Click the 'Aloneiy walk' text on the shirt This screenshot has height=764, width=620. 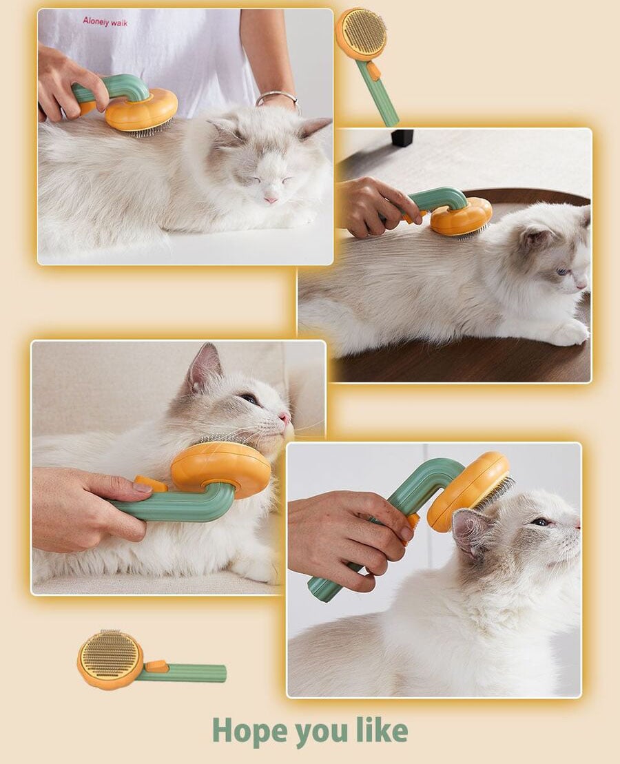(x=105, y=22)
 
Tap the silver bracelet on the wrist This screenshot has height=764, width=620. (x=277, y=97)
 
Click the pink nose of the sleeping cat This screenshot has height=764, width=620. (x=271, y=199)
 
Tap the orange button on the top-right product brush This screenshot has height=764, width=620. (x=373, y=71)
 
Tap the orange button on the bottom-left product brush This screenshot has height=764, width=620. (x=156, y=665)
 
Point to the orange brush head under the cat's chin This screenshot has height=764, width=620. (x=221, y=467)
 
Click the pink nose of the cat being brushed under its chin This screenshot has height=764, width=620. (x=284, y=417)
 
